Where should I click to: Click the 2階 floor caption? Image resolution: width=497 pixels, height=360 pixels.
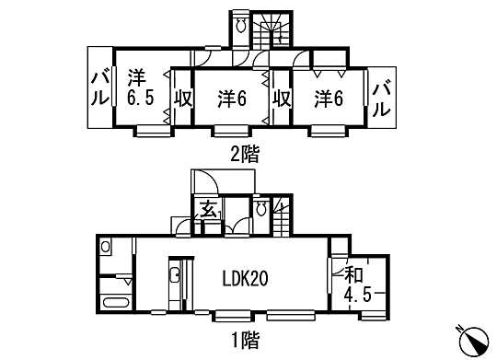pyautogui.click(x=244, y=155)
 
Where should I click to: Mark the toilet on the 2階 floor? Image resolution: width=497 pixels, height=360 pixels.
pyautogui.click(x=241, y=28)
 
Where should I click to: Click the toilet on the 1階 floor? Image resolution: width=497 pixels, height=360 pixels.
pyautogui.click(x=261, y=209)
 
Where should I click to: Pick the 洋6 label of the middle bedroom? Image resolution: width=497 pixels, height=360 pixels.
pyautogui.click(x=231, y=98)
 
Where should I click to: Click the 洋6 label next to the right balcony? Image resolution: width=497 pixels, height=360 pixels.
pyautogui.click(x=328, y=98)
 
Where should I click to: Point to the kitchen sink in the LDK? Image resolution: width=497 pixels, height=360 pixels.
pyautogui.click(x=175, y=274)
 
